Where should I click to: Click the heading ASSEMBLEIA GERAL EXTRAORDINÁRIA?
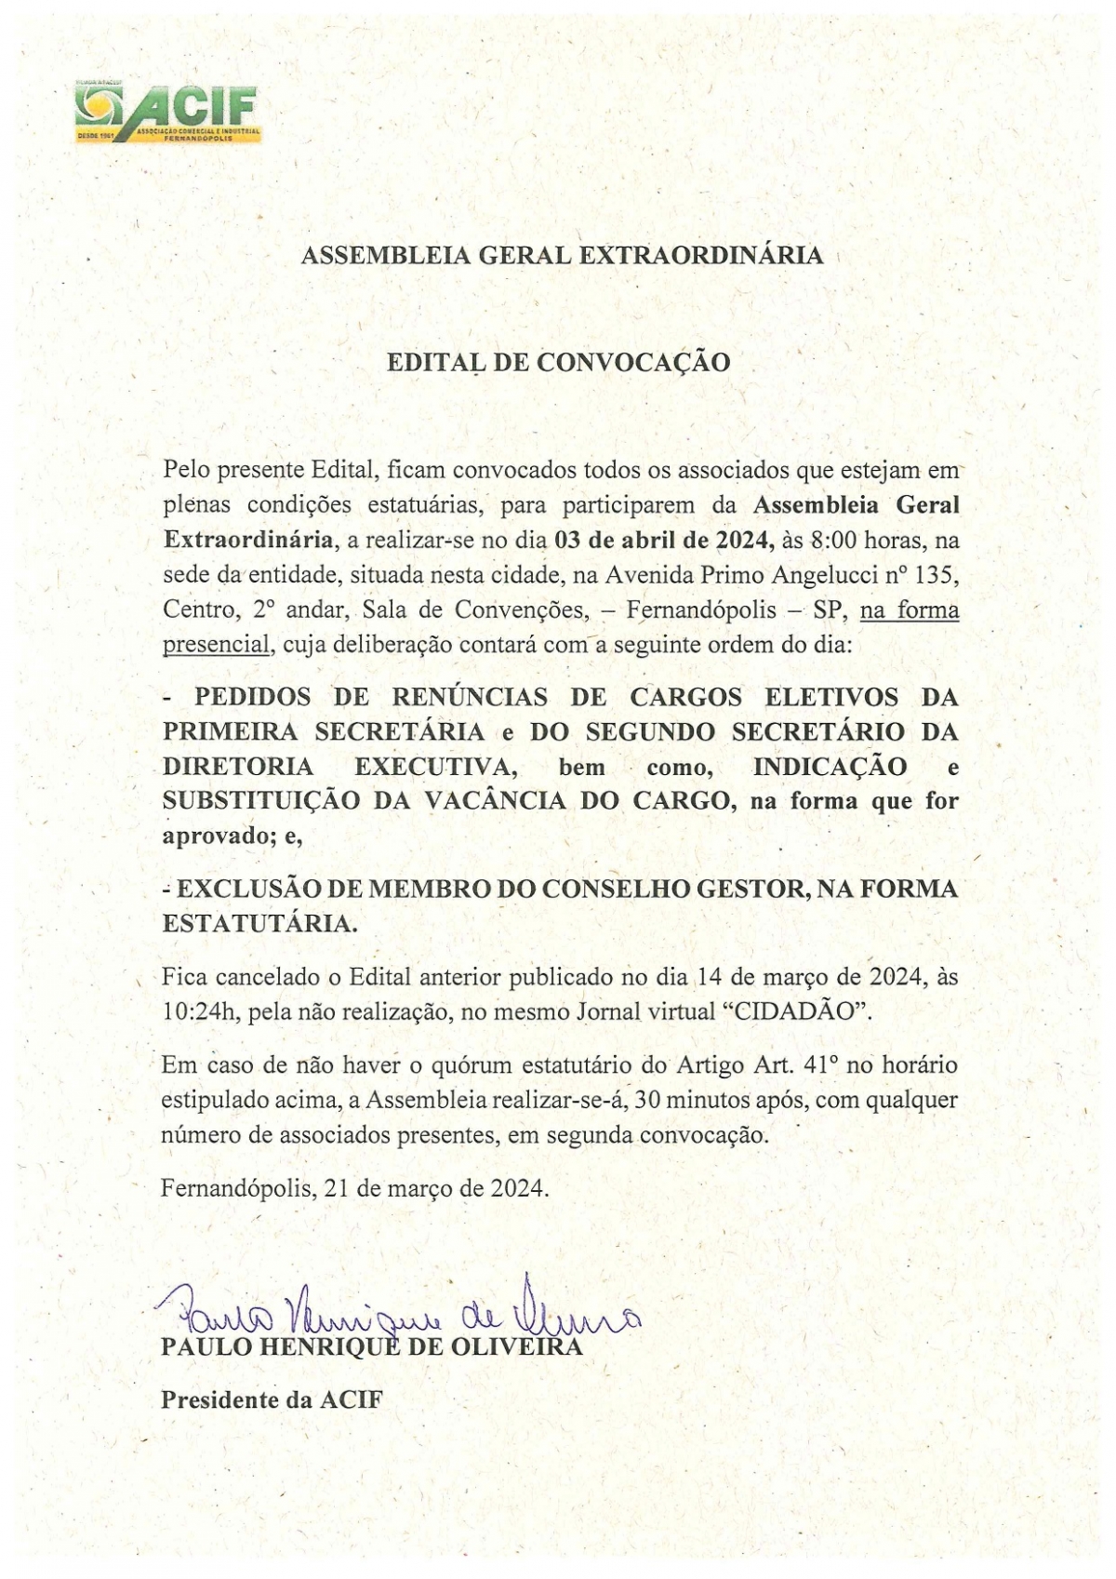point(562,256)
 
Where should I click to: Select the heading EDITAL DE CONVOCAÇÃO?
point(558,363)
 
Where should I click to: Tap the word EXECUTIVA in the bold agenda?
point(435,768)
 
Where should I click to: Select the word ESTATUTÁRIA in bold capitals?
point(258,924)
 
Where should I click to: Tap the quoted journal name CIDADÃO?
point(797,1012)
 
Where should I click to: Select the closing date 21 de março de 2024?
point(435,1188)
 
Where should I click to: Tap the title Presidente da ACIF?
point(272,1400)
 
